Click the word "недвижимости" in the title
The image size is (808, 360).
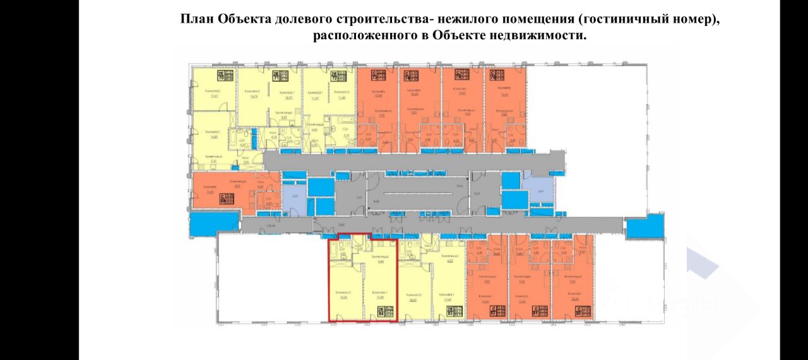pyautogui.click(x=542, y=35)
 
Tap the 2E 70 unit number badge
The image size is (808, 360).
pyautogui.click(x=225, y=76)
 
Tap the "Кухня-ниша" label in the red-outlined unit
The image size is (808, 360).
pyautogui.click(x=379, y=258)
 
